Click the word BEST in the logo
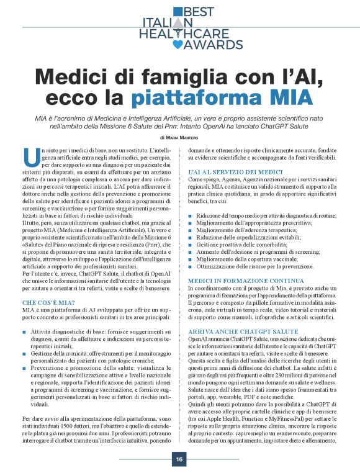point(200,11)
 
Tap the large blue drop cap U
point(27,156)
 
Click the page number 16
point(179,459)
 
